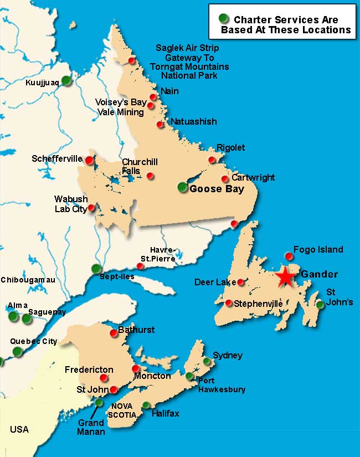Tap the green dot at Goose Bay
coord(183,187)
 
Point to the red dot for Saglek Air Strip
coord(131,61)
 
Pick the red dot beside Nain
coord(153,97)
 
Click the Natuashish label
coord(194,121)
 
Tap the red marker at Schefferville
coord(89,160)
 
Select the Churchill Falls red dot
coord(150,176)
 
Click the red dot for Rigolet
coord(211,160)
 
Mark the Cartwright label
coord(253,178)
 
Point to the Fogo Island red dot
coord(289,255)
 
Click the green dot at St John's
coord(320,304)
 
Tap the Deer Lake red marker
coord(241,282)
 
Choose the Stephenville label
coord(258,304)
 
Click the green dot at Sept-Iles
coord(96,269)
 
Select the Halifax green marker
coord(146,405)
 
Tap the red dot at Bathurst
coord(114,333)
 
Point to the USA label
coord(19,429)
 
